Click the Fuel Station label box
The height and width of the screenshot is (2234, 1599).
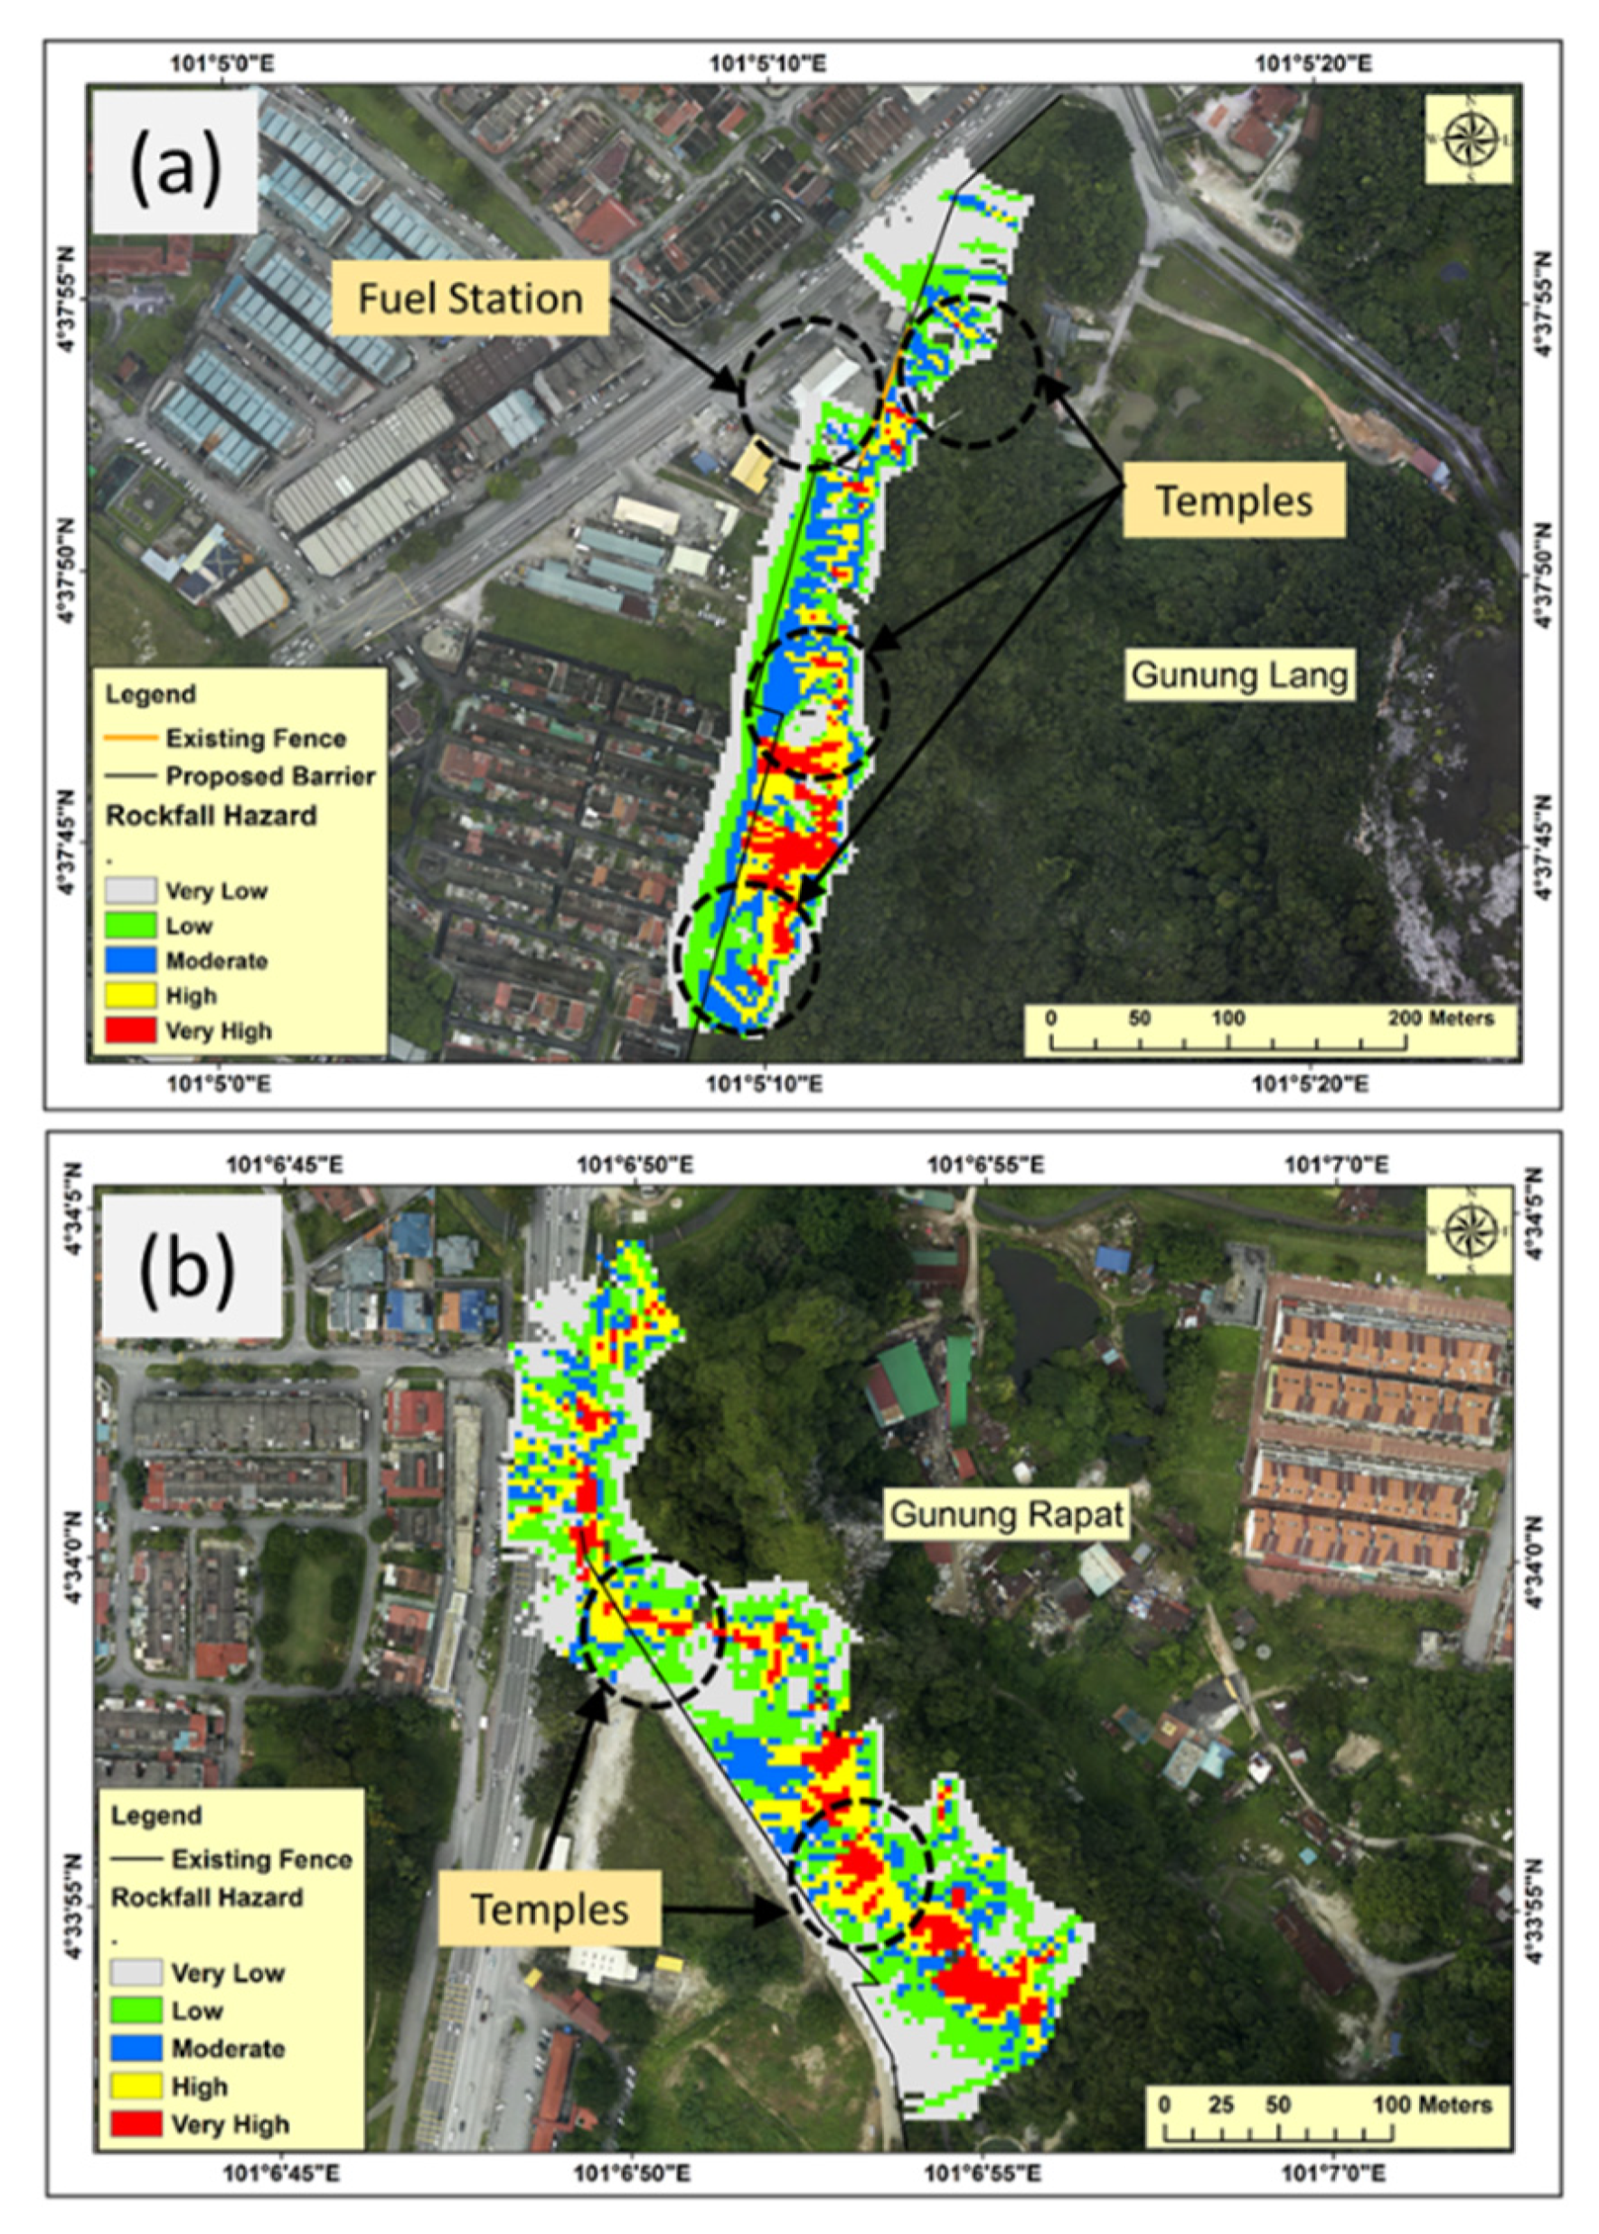(470, 298)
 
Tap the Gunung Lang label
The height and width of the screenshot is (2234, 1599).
(1237, 676)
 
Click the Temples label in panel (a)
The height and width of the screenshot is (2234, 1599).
(1233, 500)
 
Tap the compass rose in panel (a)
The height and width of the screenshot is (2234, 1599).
(1468, 139)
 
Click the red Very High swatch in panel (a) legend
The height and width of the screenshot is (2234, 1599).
(130, 1030)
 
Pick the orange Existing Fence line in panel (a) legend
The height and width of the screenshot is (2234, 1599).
(130, 738)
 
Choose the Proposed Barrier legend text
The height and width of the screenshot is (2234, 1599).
(269, 776)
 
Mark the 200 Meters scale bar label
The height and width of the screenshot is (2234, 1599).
(1440, 1018)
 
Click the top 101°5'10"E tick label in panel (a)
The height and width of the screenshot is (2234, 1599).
(768, 65)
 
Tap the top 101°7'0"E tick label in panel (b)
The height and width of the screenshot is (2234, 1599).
(1335, 1165)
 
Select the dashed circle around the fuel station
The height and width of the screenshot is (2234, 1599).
(810, 391)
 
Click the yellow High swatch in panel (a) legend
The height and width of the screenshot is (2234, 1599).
(130, 995)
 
